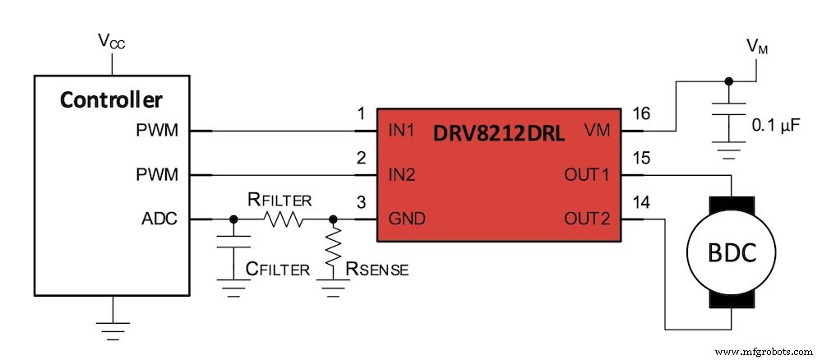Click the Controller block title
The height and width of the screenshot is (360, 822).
[111, 100]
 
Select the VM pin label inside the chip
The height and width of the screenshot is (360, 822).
[595, 131]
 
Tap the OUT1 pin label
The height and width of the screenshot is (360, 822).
[586, 175]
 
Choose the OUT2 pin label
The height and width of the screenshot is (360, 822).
[586, 219]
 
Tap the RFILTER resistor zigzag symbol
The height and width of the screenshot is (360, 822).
[284, 220]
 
